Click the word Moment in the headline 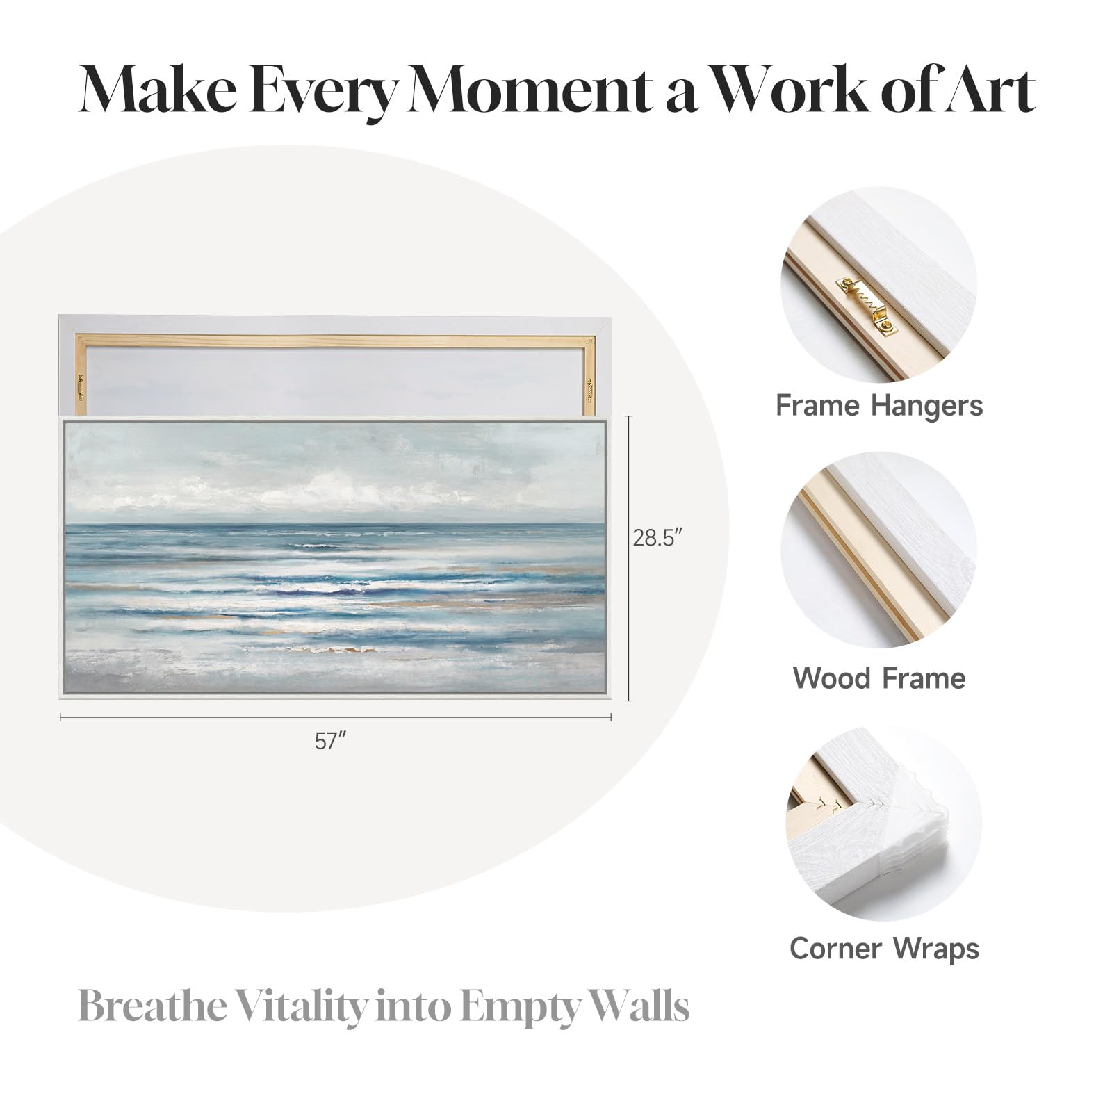527,90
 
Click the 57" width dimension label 330,741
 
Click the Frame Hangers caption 879,405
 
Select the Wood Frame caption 879,678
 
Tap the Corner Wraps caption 884,949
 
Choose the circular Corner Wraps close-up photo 883,824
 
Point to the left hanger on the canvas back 81,388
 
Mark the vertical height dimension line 630,558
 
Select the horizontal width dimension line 336,717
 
